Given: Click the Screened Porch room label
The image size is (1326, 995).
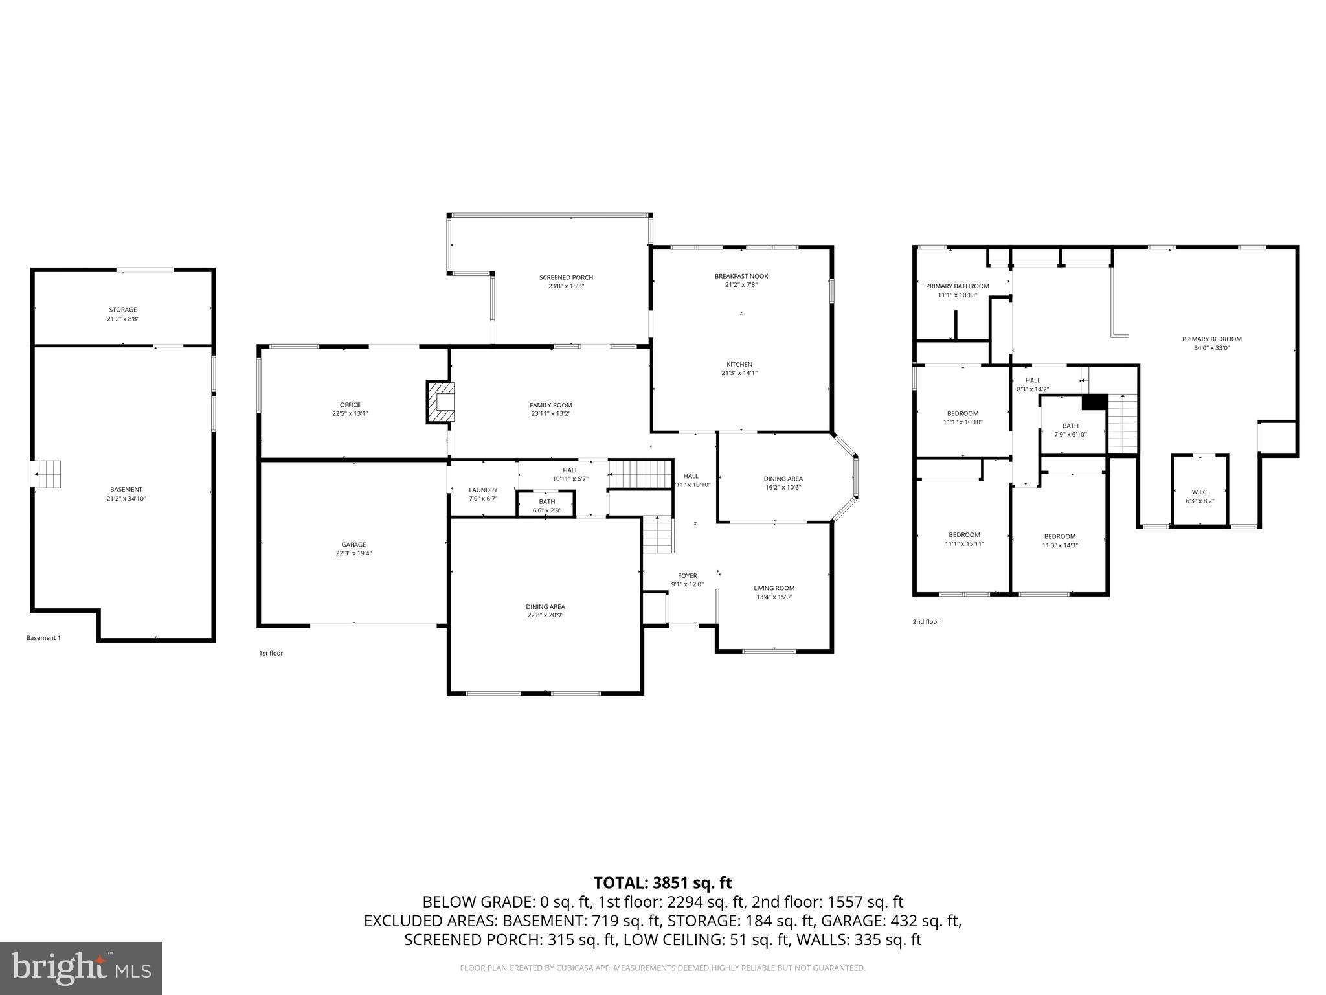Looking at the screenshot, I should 566,278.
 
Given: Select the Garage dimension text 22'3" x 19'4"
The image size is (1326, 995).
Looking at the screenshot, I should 354,553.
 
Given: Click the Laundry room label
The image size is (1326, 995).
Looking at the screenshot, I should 483,490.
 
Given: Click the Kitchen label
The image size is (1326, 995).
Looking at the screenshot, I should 739,365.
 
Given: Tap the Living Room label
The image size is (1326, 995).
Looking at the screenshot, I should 774,588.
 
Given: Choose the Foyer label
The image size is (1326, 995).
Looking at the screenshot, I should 687,575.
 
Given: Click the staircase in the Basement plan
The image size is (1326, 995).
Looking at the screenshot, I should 48,474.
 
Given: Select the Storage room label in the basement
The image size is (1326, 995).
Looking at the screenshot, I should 123,310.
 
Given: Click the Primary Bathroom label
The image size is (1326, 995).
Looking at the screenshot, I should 957,286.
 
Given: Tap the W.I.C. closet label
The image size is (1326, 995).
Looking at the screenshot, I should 1200,492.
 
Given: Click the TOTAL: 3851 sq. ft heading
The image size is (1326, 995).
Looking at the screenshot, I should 662,882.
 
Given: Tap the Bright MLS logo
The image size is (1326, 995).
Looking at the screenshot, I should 81,968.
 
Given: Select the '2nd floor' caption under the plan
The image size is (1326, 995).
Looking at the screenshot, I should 925,622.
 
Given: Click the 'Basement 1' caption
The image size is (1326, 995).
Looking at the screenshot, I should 43,638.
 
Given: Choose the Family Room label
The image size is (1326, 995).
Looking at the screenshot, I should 550,406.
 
